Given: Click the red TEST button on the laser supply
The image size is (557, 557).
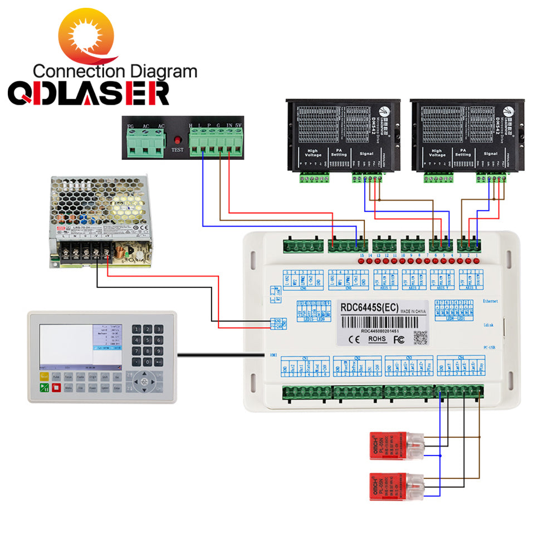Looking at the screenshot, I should (177, 140).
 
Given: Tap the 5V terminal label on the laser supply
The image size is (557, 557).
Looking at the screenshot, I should (238, 126).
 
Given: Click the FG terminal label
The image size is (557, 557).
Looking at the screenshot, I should (131, 126).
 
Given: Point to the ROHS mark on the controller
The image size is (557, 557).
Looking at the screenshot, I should (377, 339).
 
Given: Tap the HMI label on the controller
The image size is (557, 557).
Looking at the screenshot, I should (273, 354).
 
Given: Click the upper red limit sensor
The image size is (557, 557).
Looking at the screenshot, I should (396, 446).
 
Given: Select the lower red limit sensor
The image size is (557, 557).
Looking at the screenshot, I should (396, 486).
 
